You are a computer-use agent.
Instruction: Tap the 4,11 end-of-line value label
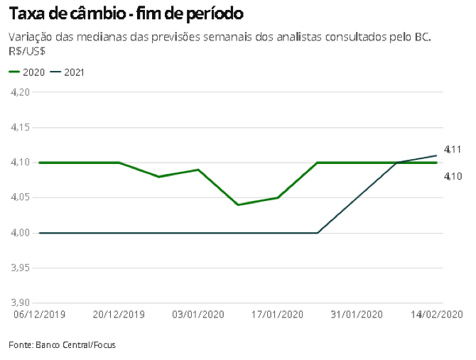[453, 149]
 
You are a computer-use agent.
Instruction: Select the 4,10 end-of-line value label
[453, 175]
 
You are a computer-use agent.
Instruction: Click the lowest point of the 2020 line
[238, 204]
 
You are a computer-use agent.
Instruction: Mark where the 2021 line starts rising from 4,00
[317, 233]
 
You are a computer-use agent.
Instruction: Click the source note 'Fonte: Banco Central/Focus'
[62, 345]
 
